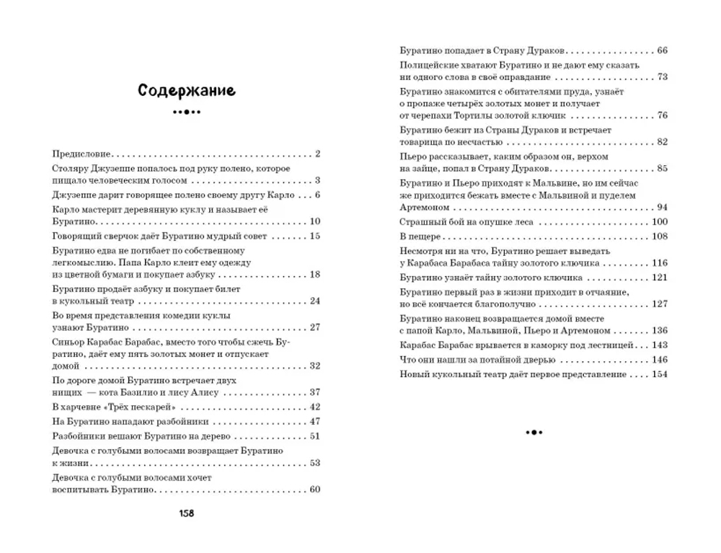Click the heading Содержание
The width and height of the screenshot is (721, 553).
[x=186, y=91]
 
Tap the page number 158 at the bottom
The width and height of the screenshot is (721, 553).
[x=186, y=513]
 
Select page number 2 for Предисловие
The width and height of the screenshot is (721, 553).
[x=317, y=154]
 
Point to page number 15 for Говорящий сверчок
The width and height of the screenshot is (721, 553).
[x=314, y=236]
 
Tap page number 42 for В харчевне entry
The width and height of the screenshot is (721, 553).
[x=314, y=407]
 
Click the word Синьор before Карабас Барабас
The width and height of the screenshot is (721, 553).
[x=71, y=341]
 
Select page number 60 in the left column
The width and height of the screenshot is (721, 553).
[x=314, y=490]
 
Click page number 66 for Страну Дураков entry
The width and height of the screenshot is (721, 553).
[x=662, y=50]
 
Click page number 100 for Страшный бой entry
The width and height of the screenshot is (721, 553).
[x=659, y=221]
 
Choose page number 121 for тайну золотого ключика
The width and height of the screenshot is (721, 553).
[x=659, y=277]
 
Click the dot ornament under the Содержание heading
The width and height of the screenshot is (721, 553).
[x=186, y=112]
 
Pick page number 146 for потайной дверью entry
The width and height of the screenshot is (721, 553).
[x=659, y=359]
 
